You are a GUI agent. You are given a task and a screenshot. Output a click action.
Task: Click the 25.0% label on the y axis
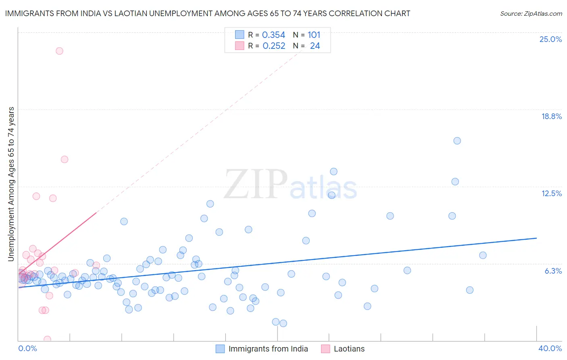(x=550, y=40)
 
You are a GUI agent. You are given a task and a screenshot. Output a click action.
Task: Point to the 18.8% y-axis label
(x=551, y=117)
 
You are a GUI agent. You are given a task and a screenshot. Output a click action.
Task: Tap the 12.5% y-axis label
(x=551, y=194)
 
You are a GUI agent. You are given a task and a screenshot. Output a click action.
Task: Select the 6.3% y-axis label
(x=553, y=271)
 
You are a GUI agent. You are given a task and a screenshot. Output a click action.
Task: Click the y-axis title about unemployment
(x=11, y=184)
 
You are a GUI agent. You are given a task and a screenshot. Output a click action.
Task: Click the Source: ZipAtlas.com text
(x=531, y=13)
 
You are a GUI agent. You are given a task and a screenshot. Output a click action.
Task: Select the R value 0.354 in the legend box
(x=273, y=35)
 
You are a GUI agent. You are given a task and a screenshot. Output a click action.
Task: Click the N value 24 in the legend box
(x=315, y=46)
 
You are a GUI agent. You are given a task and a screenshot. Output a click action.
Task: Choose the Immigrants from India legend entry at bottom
(x=268, y=349)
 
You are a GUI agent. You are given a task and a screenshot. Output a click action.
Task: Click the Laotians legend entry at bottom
(x=349, y=349)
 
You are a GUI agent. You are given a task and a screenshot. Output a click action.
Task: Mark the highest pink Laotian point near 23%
(x=59, y=51)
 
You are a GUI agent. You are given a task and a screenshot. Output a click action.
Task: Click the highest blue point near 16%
(x=457, y=141)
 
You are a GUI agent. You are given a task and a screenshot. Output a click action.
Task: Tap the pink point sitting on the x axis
(x=47, y=339)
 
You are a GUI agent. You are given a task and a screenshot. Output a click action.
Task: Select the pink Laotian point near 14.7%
(x=65, y=159)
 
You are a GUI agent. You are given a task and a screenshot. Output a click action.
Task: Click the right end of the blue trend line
(x=536, y=238)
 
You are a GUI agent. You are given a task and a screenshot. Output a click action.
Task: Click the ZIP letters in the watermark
(x=255, y=184)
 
